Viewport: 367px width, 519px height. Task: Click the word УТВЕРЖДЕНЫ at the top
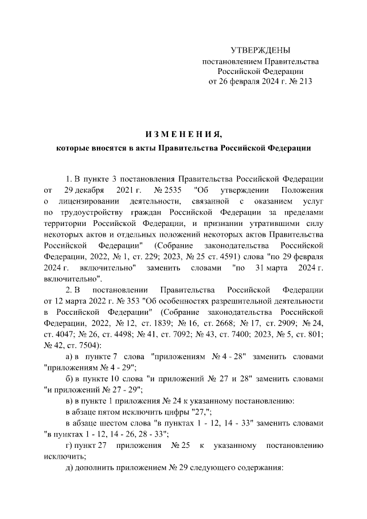[260, 50]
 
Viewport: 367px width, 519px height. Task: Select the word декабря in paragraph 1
[88, 189]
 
